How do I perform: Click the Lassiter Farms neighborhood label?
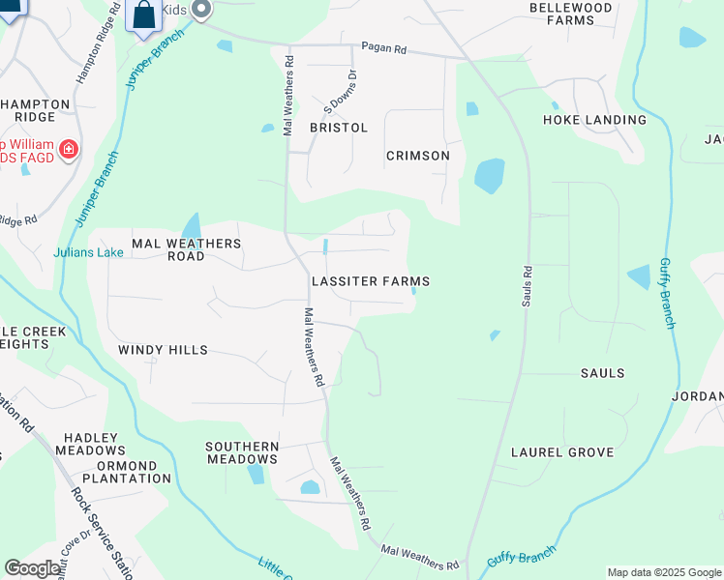370,281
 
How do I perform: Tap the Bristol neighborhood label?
339,128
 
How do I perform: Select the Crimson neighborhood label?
418,156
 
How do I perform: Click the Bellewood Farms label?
571,14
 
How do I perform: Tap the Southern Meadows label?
242,452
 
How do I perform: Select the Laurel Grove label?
562,452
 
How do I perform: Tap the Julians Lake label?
89,253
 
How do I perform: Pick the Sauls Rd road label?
528,288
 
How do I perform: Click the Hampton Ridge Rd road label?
98,43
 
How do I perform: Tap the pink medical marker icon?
69,149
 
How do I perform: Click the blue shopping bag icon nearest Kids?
143,16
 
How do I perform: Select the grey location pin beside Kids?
201,10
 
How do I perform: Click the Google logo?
32,568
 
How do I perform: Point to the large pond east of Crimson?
489,176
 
